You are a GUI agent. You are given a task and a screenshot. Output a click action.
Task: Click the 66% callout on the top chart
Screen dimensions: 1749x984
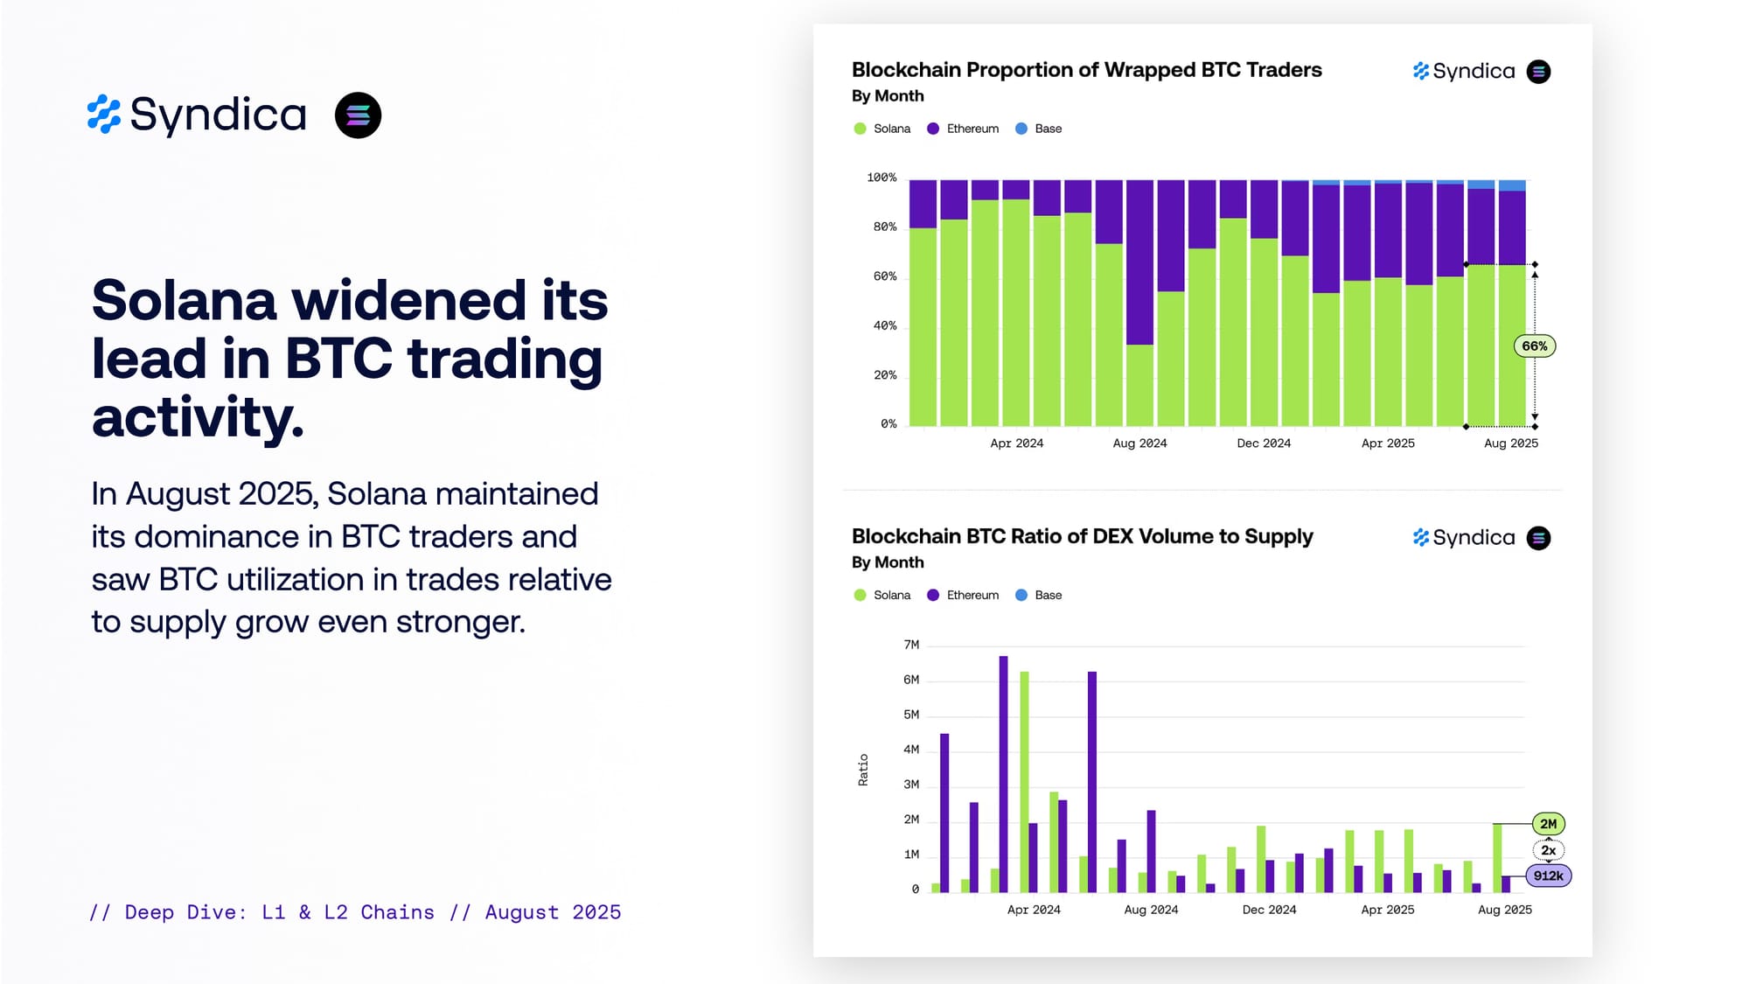pos(1535,346)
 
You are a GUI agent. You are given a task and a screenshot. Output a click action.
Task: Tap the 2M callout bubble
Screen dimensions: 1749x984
pos(1548,824)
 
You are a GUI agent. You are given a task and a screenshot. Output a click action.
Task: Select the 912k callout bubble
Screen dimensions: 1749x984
pos(1548,876)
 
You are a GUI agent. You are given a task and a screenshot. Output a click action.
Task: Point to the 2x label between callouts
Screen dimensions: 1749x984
pos(1548,850)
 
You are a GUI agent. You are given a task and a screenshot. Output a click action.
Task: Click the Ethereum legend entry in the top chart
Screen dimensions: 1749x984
pos(963,129)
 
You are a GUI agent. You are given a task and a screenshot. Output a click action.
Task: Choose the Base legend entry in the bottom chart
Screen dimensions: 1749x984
pos(1039,595)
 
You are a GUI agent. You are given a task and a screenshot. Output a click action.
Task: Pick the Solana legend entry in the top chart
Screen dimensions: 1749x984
pos(882,129)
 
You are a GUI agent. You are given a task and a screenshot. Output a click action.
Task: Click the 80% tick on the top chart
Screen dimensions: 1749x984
pos(884,227)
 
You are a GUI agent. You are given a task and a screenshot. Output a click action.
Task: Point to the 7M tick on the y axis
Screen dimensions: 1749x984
pos(911,645)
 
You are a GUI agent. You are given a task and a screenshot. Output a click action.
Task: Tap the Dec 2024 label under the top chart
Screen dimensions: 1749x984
pos(1264,443)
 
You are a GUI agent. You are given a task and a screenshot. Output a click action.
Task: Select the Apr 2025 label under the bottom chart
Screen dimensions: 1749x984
pos(1387,910)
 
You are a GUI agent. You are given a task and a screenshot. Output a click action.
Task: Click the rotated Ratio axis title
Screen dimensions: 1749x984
pos(863,770)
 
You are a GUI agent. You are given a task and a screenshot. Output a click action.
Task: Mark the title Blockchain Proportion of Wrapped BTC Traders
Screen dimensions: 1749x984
pos(1086,70)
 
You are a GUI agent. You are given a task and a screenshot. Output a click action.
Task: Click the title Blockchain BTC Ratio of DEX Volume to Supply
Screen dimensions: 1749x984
pos(1082,536)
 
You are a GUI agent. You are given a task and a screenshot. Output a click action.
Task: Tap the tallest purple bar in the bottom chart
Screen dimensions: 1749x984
pos(1003,774)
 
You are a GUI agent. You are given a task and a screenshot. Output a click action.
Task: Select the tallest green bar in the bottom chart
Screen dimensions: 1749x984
pos(1024,782)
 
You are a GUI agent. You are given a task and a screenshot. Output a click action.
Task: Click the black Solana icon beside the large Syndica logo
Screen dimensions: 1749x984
pos(358,115)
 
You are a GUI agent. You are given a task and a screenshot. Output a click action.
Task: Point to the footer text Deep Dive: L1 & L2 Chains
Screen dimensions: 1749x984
pos(279,912)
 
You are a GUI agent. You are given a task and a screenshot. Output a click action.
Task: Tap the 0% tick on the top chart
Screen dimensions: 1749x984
pos(888,424)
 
